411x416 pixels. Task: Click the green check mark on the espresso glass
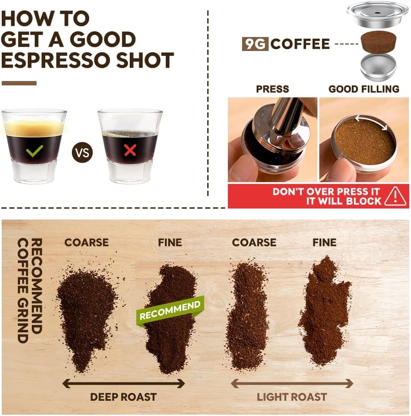[34, 151]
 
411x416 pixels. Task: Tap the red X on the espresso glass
[130, 150]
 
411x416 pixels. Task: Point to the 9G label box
[255, 44]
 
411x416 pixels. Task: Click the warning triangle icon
[395, 196]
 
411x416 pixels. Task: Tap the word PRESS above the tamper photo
[273, 89]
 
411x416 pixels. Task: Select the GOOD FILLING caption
[364, 89]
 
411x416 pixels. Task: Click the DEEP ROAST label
[123, 397]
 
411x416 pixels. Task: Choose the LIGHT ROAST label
[291, 397]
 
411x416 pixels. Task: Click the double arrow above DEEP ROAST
[123, 383]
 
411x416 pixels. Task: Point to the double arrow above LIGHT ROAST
[291, 383]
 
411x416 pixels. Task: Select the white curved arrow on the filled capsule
[371, 122]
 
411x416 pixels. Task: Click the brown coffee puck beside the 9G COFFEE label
[378, 42]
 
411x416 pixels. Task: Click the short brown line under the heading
[19, 83]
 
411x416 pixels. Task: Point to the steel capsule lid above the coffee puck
[377, 15]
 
